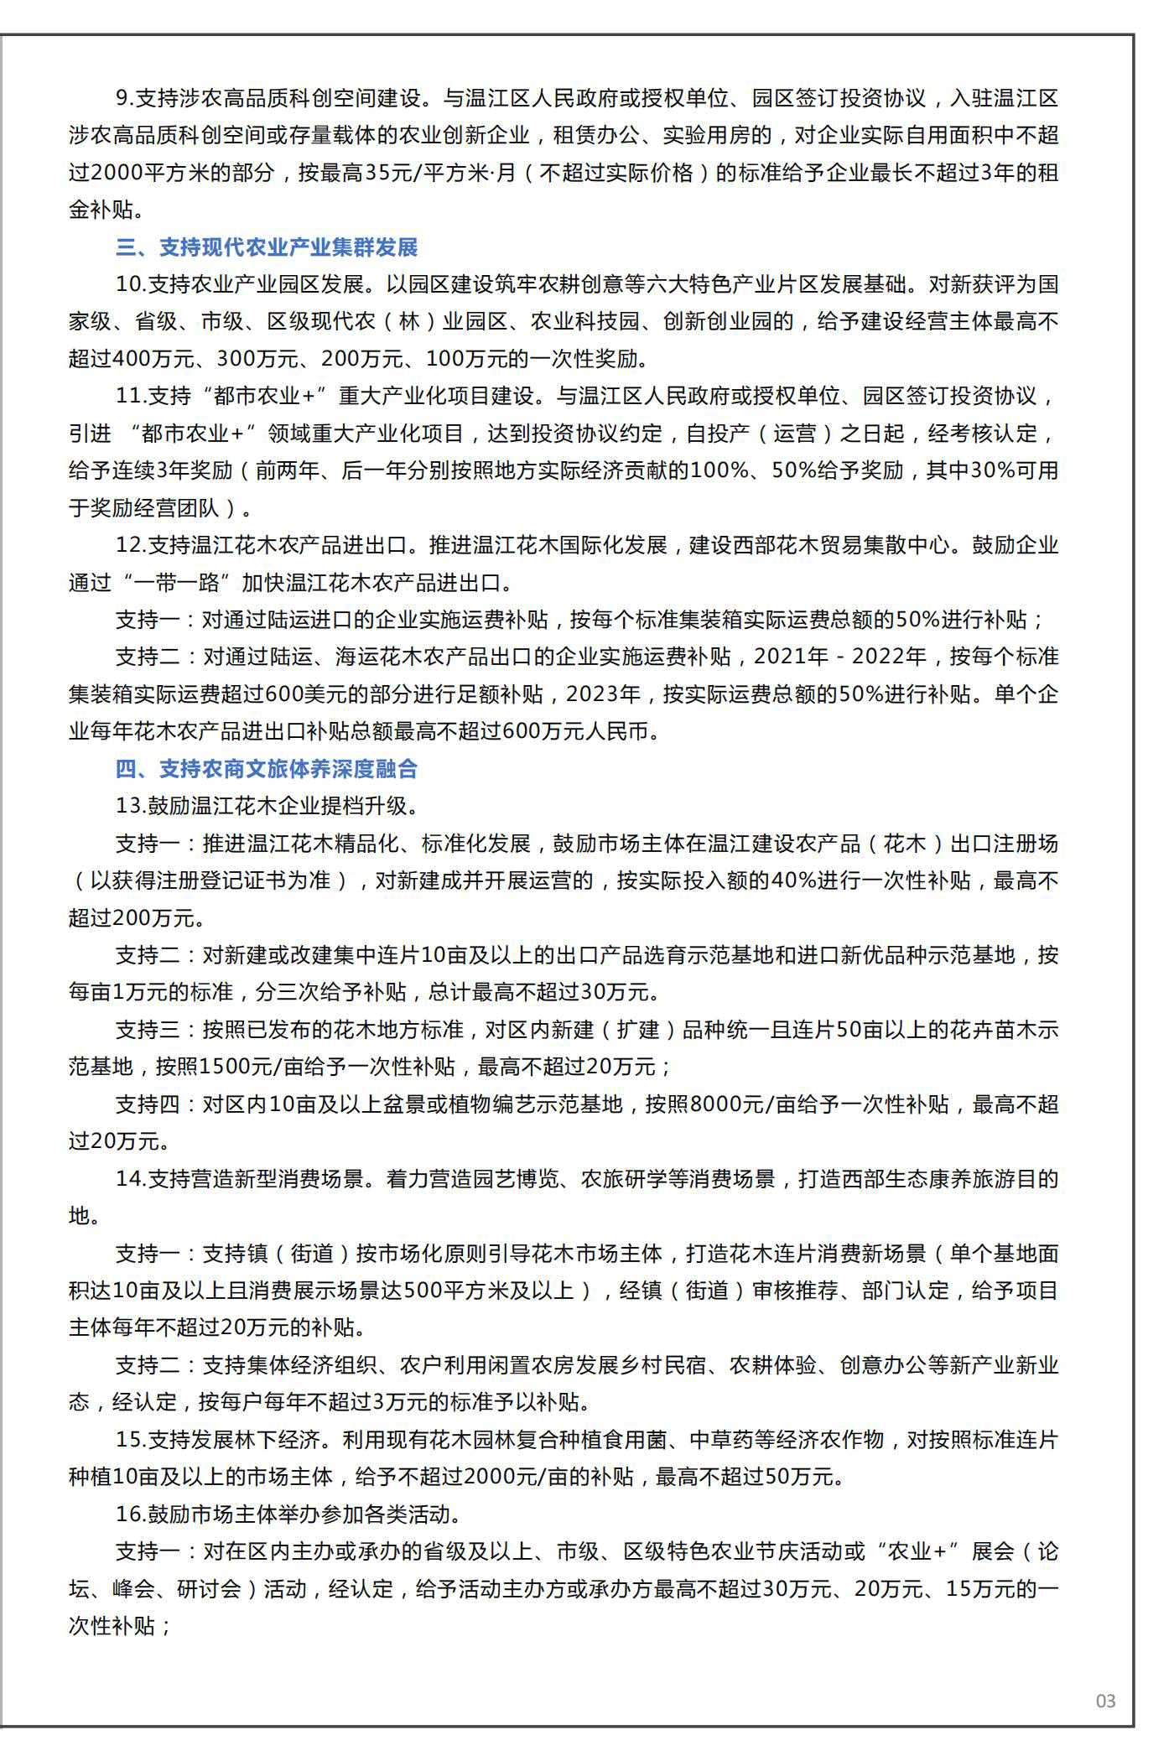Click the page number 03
1105,1701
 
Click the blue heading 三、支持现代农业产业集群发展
267,247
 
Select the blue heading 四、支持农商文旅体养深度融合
267,769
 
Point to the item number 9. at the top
124,98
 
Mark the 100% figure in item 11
719,470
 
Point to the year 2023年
603,694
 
